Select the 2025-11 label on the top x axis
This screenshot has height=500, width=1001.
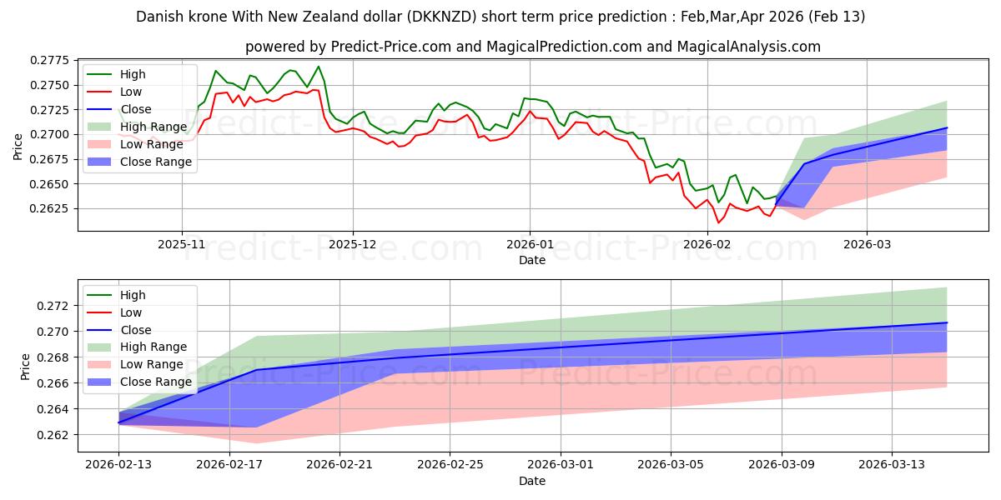click(182, 245)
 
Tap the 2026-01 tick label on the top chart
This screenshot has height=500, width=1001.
click(530, 245)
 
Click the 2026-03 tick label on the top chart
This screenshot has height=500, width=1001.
click(867, 245)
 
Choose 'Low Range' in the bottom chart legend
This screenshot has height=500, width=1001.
click(152, 364)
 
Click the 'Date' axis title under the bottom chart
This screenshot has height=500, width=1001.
click(532, 481)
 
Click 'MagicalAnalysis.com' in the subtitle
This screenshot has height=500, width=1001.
click(749, 47)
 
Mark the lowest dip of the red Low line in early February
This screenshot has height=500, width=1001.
click(718, 222)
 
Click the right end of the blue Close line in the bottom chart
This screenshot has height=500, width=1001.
click(947, 322)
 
